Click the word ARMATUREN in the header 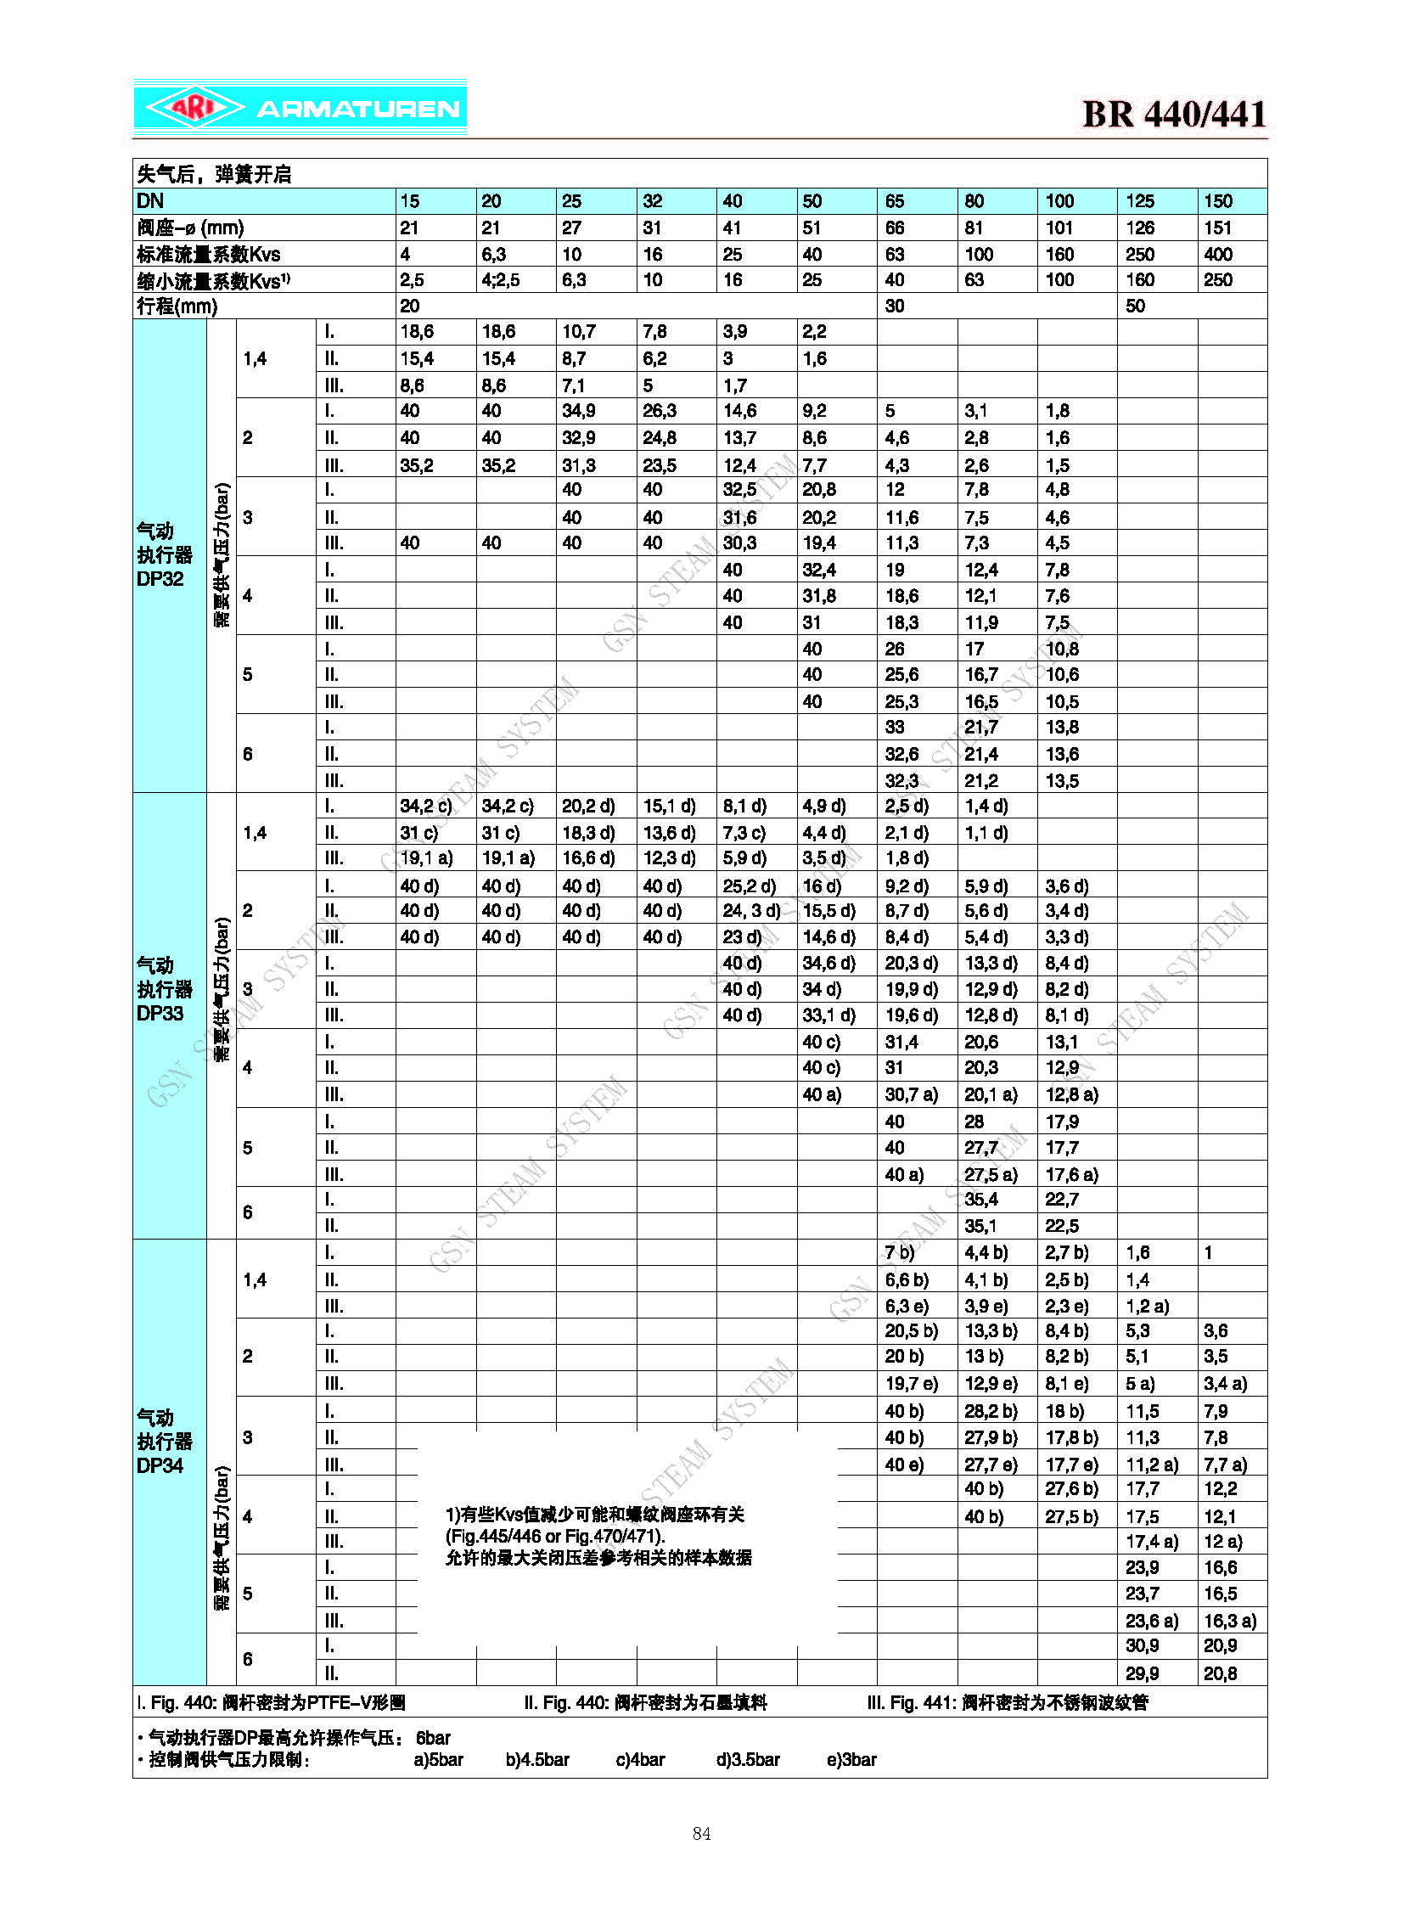click(x=358, y=109)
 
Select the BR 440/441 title click(x=1174, y=114)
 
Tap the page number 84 click(x=701, y=1834)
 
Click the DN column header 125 click(x=1140, y=201)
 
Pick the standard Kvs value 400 click(x=1218, y=254)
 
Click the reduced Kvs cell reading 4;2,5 click(x=501, y=279)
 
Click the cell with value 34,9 click(x=578, y=412)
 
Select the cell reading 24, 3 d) click(x=751, y=910)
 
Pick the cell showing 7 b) click(x=899, y=1252)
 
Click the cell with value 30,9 click(x=1143, y=1646)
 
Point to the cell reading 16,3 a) click(x=1229, y=1621)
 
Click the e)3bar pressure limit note click(x=851, y=1759)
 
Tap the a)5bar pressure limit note click(x=439, y=1759)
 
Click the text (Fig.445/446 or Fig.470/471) click(x=555, y=1536)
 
